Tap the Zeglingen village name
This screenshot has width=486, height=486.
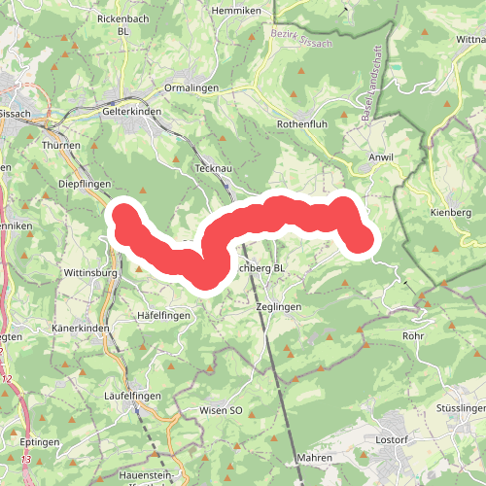[276, 305]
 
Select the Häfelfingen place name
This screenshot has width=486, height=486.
[163, 316]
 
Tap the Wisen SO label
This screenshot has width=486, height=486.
[220, 411]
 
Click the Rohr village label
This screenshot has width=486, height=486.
[414, 335]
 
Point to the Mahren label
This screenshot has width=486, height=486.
[315, 458]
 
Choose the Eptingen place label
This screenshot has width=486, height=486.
[39, 442]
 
